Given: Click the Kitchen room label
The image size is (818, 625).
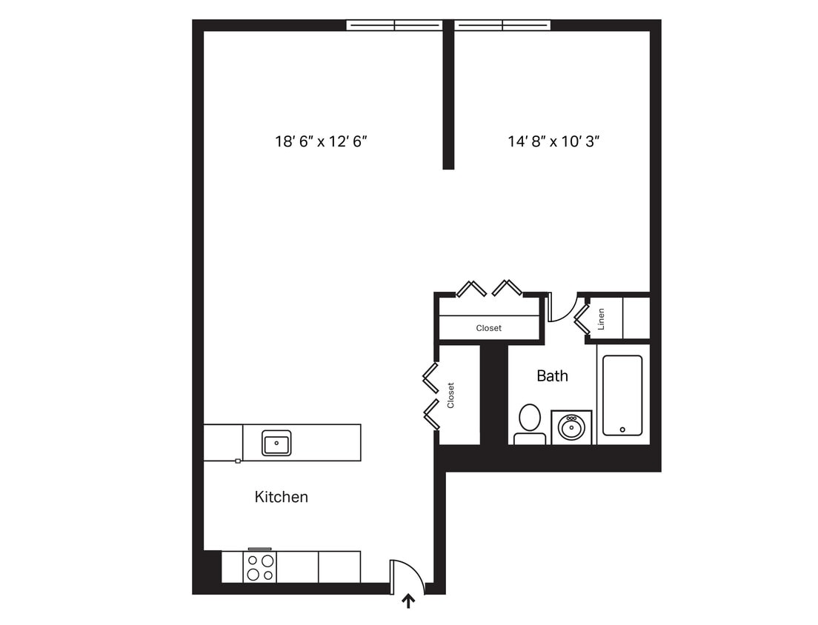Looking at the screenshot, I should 281,497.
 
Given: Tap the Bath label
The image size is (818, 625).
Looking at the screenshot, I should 552,376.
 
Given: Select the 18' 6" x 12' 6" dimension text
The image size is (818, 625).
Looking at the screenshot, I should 322,141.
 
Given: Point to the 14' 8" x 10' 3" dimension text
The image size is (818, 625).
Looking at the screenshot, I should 553,141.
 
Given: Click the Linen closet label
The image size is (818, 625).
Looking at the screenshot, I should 602,319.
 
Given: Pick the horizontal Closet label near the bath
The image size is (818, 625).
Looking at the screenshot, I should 488,328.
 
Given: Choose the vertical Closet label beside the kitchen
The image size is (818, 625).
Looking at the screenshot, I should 450,395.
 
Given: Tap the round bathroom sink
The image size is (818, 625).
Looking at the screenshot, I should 571,427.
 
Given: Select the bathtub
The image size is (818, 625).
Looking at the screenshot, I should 622,395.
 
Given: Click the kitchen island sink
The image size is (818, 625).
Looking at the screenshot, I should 276,443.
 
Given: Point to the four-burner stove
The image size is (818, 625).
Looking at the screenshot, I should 260,566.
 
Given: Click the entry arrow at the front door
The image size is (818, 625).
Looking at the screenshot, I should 408,601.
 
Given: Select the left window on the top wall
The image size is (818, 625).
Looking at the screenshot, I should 394,25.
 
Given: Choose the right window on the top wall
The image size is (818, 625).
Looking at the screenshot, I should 502,25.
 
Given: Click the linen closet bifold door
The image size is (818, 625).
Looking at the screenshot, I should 582,318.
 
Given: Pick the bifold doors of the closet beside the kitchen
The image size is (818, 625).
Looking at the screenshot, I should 430,395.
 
